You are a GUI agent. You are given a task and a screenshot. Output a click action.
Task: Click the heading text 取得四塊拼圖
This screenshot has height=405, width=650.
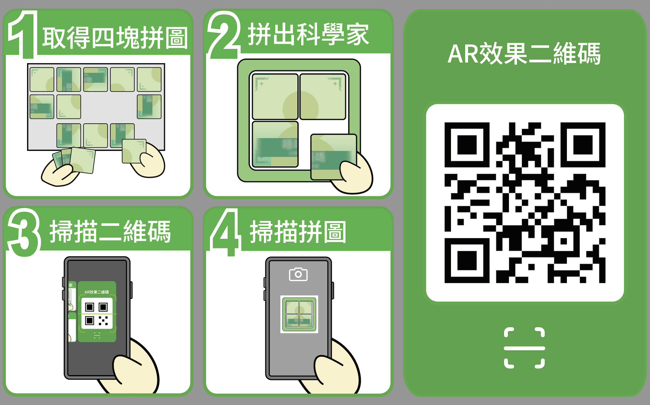point(115,38)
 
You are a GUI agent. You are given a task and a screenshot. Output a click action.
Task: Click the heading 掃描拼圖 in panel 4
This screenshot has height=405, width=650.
point(298,232)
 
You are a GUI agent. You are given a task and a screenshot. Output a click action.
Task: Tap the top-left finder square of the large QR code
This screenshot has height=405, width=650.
point(467,145)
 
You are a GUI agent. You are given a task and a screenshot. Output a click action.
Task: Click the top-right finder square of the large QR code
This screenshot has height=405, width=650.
point(583,145)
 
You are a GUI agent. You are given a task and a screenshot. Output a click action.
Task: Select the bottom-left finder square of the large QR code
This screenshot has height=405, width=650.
point(467,260)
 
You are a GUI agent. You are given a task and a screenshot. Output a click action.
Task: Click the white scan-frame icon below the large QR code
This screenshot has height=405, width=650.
point(524,348)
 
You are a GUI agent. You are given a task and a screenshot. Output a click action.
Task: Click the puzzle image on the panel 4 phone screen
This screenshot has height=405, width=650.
point(299,314)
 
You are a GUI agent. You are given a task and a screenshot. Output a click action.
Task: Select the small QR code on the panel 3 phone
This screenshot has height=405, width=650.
point(97,313)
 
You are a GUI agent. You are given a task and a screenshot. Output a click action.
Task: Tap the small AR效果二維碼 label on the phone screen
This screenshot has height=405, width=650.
point(97,292)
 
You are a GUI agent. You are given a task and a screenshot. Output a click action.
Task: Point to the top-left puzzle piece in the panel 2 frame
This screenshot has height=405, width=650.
point(275,96)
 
